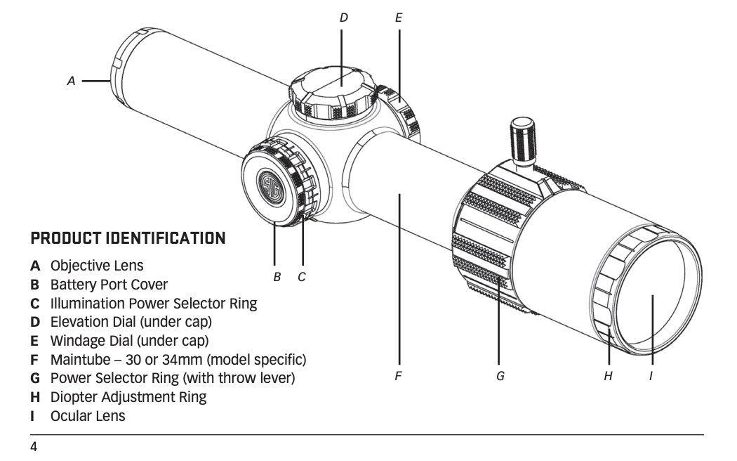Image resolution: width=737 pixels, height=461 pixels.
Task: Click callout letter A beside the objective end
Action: (71, 82)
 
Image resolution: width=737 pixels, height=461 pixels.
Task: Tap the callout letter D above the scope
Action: (343, 18)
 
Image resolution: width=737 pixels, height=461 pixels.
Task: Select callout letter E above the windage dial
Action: (399, 18)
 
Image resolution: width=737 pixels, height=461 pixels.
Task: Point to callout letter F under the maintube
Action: (398, 377)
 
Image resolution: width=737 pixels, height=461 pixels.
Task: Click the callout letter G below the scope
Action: (500, 377)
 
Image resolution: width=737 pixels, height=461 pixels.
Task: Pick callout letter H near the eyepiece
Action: (608, 377)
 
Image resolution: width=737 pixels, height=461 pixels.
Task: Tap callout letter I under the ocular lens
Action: (651, 377)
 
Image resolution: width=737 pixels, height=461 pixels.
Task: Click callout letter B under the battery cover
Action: (277, 277)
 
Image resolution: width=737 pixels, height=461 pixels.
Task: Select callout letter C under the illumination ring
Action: (302, 277)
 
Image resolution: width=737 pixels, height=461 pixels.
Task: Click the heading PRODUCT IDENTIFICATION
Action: (128, 238)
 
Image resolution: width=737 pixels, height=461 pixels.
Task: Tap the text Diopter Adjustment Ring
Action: (128, 397)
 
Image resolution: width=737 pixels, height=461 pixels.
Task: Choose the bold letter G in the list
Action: (35, 379)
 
